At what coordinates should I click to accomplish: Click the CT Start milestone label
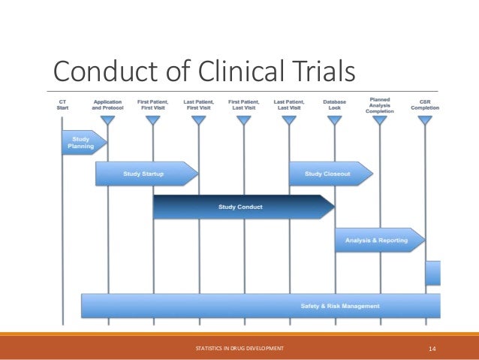click(62, 104)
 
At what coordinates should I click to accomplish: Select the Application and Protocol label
click(108, 104)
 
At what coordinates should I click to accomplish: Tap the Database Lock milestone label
click(334, 104)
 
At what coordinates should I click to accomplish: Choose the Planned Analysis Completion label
click(378, 102)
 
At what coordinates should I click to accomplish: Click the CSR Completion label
click(425, 104)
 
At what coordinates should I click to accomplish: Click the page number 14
click(432, 349)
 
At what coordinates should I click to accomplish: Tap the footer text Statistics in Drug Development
click(239, 349)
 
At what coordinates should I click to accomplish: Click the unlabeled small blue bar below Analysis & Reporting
click(433, 273)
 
